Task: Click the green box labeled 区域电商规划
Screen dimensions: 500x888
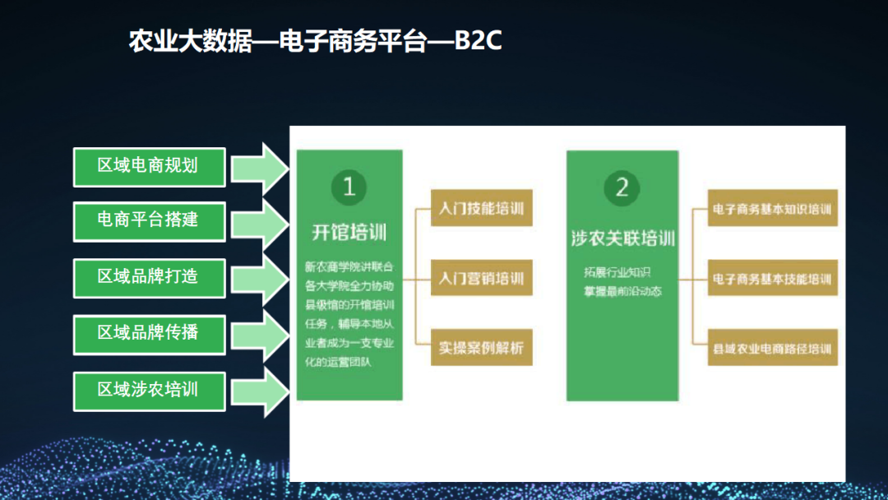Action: [x=149, y=166]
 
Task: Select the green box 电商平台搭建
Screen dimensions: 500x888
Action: [x=149, y=221]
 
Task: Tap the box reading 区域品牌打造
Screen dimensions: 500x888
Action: [x=149, y=277]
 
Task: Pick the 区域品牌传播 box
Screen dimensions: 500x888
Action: [x=149, y=333]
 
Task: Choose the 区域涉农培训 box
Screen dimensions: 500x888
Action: [x=149, y=390]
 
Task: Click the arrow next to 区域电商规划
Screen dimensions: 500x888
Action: [x=260, y=167]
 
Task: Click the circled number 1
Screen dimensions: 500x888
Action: [x=349, y=187]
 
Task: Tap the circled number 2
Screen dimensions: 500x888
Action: [x=622, y=187]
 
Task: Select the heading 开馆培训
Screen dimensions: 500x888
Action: [x=349, y=233]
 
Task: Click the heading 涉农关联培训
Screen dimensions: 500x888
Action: [x=622, y=239]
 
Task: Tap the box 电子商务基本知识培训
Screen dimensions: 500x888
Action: [x=772, y=210]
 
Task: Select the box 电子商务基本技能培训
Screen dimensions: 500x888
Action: [x=772, y=280]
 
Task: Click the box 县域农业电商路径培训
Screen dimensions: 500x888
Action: [x=772, y=349]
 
